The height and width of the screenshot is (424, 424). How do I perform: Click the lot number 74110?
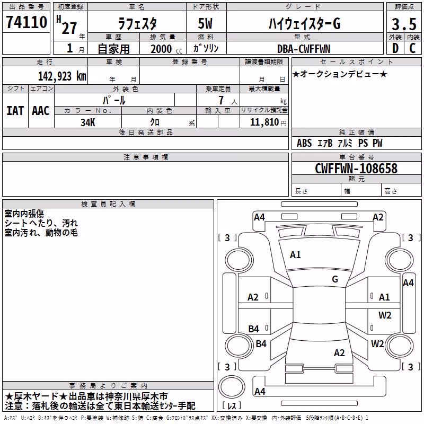[x=26, y=22]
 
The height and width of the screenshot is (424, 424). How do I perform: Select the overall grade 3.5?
[x=404, y=24]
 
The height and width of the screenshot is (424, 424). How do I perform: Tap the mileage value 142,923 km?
[x=62, y=76]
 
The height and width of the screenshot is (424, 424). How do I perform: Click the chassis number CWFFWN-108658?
[x=356, y=169]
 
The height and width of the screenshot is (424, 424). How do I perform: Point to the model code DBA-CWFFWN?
[x=304, y=49]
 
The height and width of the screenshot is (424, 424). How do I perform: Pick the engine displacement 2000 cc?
[x=166, y=49]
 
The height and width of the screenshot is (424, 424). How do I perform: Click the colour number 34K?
[x=88, y=122]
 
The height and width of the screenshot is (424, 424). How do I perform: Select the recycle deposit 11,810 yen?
[x=268, y=122]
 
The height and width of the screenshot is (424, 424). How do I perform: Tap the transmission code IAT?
[x=15, y=111]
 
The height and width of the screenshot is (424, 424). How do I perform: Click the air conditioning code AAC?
[x=41, y=111]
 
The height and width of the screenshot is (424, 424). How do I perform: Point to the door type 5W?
[x=205, y=23]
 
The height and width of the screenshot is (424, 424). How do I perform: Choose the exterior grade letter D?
[x=395, y=48]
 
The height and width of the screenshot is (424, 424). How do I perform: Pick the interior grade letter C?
[x=412, y=48]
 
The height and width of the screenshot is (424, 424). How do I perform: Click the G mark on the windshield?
[x=335, y=279]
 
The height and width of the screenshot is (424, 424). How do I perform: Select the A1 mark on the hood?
[x=295, y=255]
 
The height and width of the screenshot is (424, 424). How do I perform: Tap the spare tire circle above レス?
[x=232, y=387]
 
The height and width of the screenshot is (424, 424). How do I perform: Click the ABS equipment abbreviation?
[x=304, y=143]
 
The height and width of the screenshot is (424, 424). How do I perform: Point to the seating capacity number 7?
[x=221, y=100]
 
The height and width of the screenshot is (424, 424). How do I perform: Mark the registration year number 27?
[x=69, y=29]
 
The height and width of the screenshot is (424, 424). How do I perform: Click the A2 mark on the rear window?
[x=339, y=353]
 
